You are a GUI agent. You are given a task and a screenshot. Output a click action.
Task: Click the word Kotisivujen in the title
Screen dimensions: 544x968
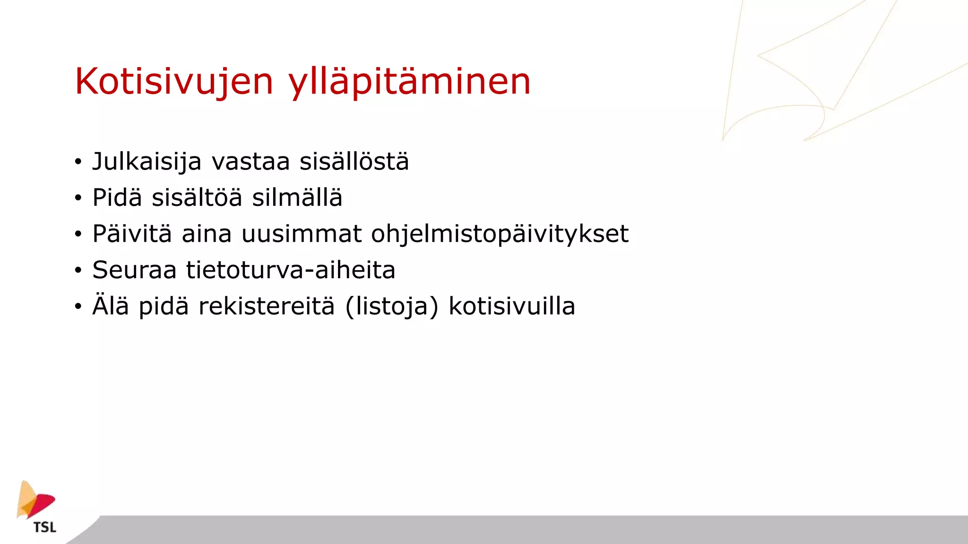174,82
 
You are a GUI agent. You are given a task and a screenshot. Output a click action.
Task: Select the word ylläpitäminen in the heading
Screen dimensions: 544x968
409,82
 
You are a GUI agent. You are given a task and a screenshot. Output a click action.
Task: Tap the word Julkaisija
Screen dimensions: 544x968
147,162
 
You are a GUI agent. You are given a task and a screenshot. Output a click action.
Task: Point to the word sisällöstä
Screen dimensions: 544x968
354,162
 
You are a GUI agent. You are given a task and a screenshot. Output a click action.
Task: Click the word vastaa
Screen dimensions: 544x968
251,162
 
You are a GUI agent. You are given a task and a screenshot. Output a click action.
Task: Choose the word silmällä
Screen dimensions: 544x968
297,197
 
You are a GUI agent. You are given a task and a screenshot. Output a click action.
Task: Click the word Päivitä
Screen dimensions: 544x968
132,234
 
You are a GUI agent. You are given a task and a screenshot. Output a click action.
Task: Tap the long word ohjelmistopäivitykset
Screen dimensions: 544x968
500,234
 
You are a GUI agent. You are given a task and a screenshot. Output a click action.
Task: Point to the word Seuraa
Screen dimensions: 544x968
134,270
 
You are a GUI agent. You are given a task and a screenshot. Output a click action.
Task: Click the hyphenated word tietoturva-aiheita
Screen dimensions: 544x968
291,270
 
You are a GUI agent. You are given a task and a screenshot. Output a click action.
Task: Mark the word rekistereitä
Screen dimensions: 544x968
267,306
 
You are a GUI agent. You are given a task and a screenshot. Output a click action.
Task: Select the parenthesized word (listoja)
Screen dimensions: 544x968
392,306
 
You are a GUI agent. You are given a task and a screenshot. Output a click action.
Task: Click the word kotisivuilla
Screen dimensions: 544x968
511,306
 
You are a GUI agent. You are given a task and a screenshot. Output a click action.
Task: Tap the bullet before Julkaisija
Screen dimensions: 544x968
78,162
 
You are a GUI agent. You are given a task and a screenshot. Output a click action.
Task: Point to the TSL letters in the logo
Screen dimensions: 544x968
45,527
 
